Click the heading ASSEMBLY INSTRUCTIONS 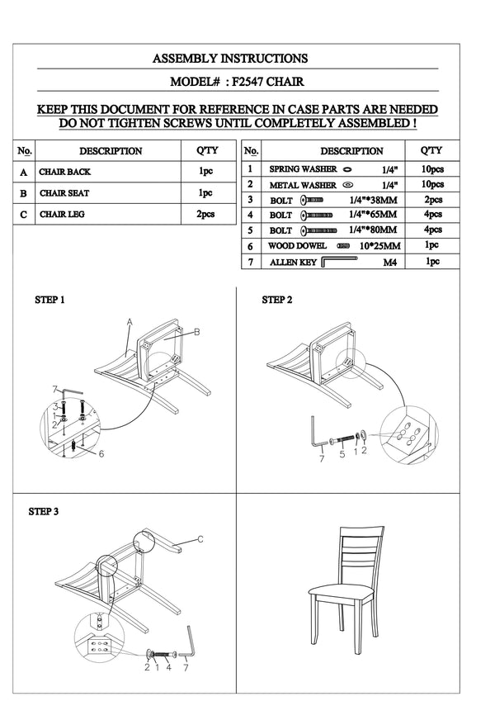tap(230, 59)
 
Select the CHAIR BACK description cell tap(65, 173)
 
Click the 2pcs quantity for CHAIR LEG tap(205, 215)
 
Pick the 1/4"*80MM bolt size tap(373, 230)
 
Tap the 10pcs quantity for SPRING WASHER tap(432, 168)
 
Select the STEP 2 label tap(276, 300)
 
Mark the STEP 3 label tap(44, 512)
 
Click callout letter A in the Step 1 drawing tap(130, 320)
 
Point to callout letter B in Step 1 tap(197, 332)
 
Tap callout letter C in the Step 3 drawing tap(200, 539)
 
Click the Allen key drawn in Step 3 tap(191, 642)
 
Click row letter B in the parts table tap(24, 193)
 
